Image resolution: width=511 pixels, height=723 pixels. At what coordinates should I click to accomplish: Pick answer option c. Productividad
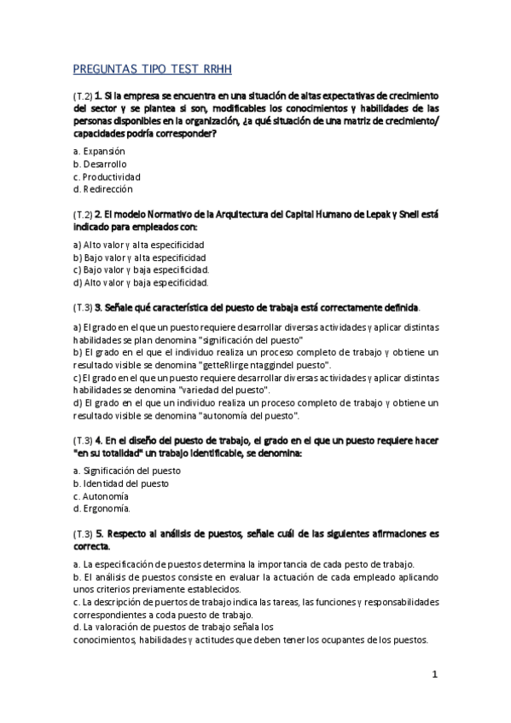tap(107, 176)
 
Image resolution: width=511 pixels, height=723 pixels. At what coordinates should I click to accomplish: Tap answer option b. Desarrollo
tap(100, 163)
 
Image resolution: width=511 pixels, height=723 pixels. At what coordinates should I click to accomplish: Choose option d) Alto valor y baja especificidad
tap(141, 282)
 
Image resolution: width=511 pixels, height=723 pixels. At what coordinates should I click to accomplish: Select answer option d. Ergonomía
tap(102, 508)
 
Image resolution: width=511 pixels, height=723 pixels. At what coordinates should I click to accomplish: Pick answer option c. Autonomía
tap(101, 495)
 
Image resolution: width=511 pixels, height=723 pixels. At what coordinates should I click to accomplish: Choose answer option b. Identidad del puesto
tap(120, 483)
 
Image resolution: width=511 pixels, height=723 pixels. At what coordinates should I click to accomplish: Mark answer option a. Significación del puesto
tap(126, 470)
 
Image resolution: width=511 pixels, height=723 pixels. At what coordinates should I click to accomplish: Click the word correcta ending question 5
tap(91, 546)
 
